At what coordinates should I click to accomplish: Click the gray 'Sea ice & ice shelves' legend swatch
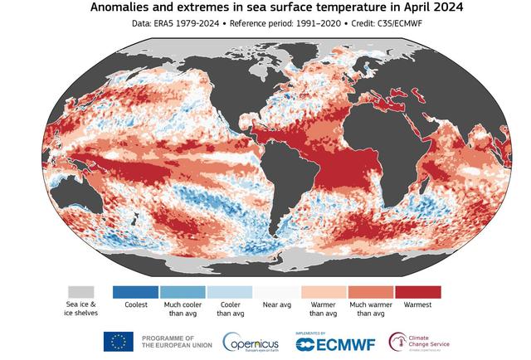(x=81, y=292)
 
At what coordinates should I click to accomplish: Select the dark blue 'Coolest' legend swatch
(x=135, y=292)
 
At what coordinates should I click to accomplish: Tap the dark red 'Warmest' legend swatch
(x=418, y=292)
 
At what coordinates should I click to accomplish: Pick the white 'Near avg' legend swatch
(x=276, y=292)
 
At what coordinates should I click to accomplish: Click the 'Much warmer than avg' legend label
(x=371, y=309)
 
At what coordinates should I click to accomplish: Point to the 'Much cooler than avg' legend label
(x=183, y=309)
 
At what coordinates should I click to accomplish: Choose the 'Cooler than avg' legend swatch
(x=229, y=292)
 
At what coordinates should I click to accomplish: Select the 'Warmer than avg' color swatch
(x=324, y=292)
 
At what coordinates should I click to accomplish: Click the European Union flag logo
(x=118, y=341)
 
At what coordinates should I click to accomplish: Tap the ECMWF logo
(x=332, y=342)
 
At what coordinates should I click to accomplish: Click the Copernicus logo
(x=252, y=342)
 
